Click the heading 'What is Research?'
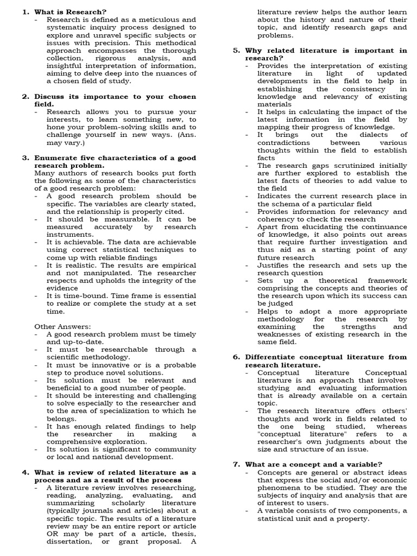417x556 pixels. tap(70, 11)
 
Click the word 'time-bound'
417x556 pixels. tap(77, 296)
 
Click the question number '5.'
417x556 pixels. tap(237, 50)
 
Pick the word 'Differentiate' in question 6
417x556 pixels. tap(271, 357)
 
